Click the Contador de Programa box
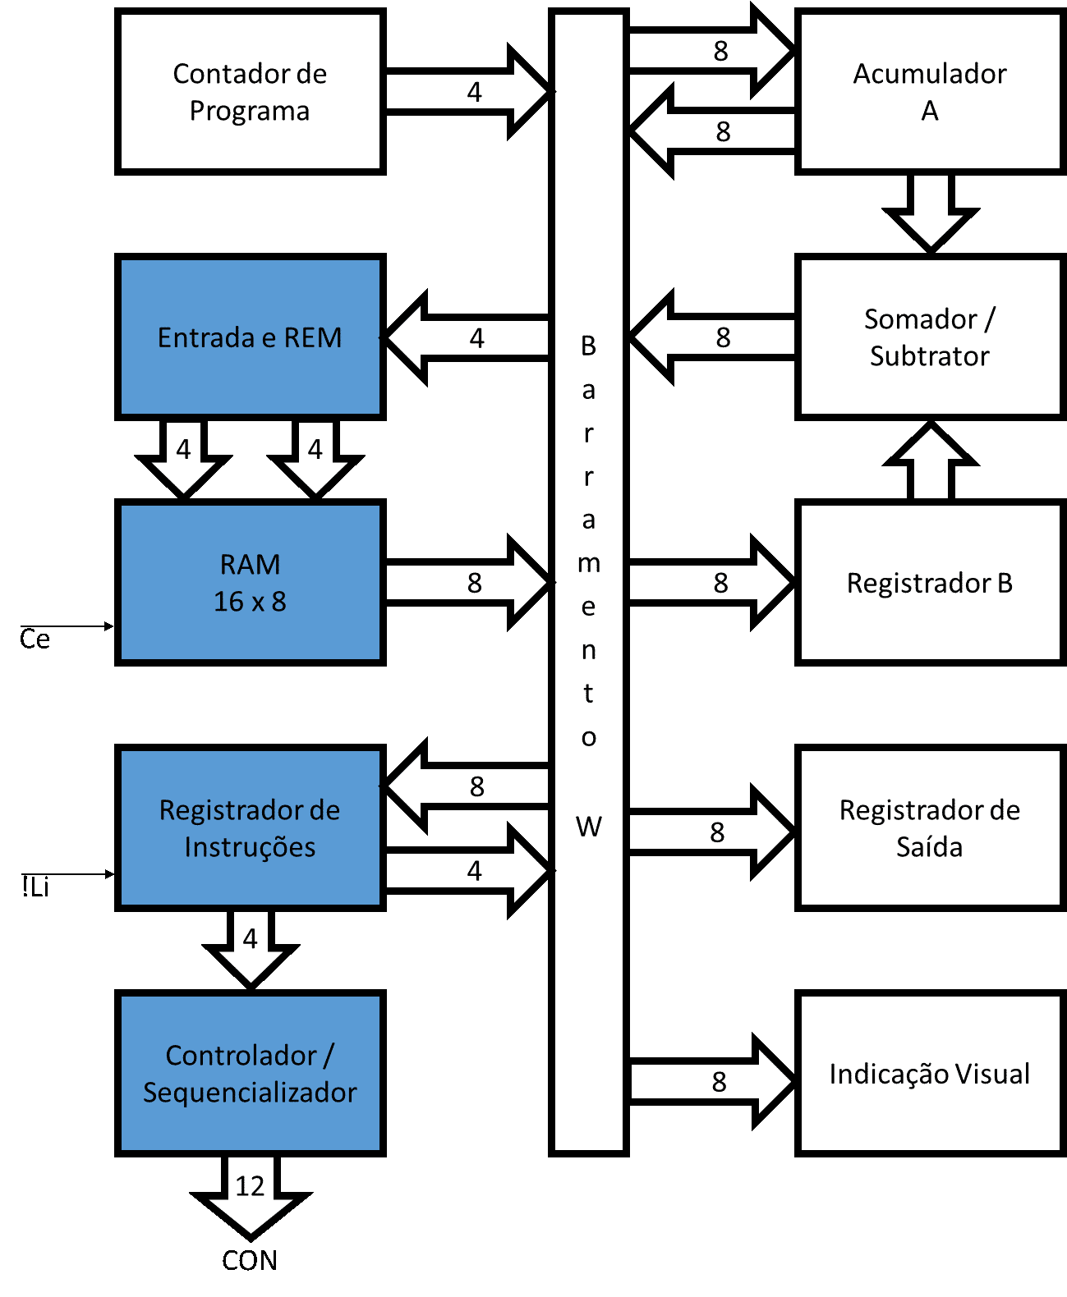[x=250, y=91]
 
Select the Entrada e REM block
[x=250, y=337]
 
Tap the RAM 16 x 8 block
[x=250, y=583]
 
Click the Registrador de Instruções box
[x=250, y=827]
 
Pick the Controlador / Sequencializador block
[x=250, y=1073]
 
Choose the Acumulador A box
[x=930, y=91]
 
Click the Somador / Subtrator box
[x=930, y=337]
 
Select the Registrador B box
[x=930, y=583]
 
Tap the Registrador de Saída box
[x=930, y=827]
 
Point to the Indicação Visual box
[x=930, y=1074]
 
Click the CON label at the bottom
[x=250, y=1260]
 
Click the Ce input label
[x=34, y=639]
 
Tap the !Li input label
[x=35, y=887]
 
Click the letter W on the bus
[x=588, y=827]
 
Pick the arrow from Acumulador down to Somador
[x=930, y=209]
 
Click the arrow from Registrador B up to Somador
[x=930, y=464]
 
